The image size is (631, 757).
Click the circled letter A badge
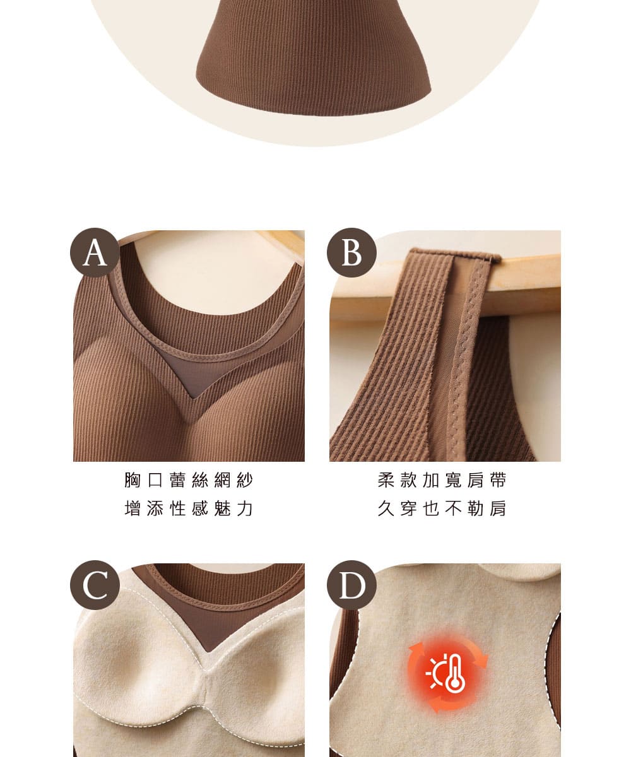95,253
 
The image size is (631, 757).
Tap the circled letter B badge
351,253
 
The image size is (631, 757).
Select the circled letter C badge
95,585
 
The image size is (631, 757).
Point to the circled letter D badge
351,585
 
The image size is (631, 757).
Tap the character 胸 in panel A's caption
133,480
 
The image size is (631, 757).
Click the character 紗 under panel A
245,480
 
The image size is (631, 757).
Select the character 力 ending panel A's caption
245,508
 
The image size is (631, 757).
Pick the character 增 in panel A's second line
133,508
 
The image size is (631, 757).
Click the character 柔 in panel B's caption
386,480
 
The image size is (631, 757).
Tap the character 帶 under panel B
498,480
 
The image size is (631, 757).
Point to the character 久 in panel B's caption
386,508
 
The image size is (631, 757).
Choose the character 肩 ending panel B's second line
498,508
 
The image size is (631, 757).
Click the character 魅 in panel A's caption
222,508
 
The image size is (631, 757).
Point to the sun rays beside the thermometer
435,673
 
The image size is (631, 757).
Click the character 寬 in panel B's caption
453,480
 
